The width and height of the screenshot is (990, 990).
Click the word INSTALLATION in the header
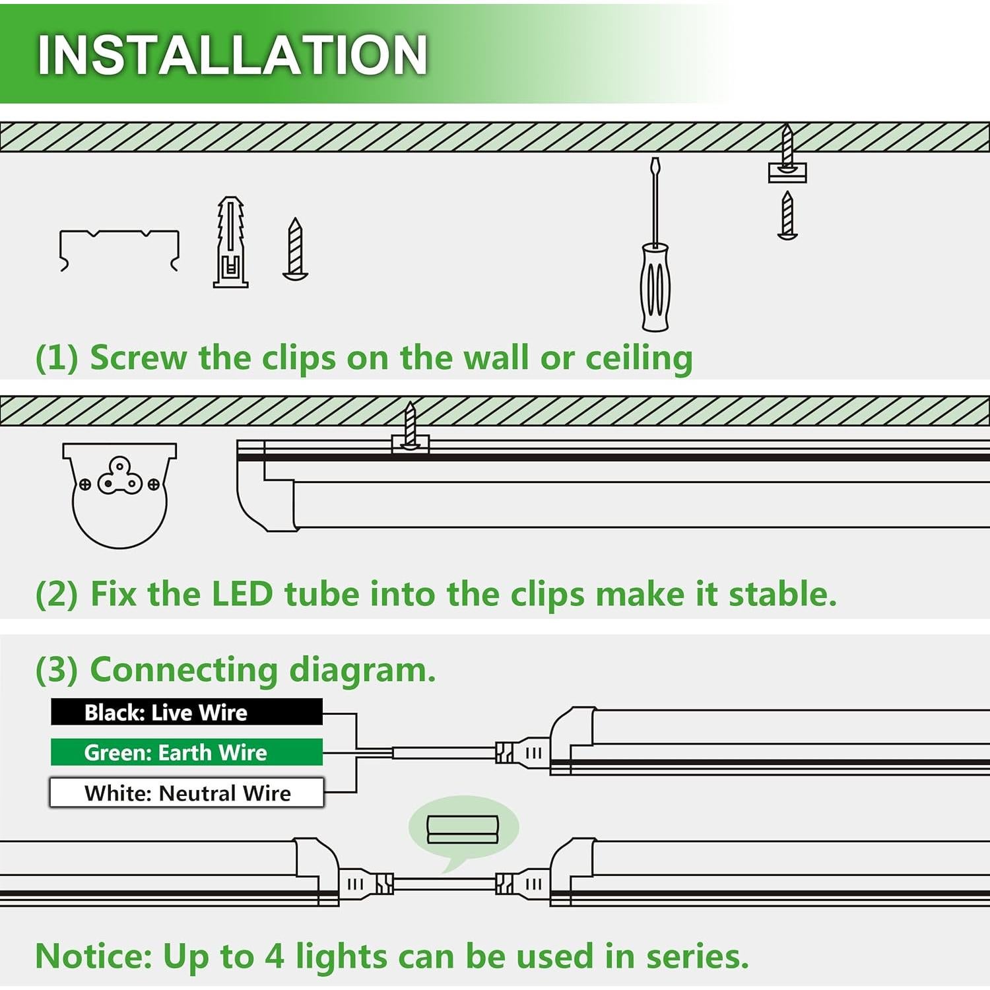(232, 54)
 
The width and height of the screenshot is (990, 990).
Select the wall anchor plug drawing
(231, 242)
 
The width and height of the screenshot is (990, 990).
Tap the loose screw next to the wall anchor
(295, 249)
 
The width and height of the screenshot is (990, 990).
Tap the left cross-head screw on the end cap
(85, 485)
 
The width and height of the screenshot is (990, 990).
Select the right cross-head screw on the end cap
(154, 485)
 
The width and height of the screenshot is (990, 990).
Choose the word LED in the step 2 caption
(242, 594)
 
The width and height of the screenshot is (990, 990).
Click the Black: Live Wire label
(187, 712)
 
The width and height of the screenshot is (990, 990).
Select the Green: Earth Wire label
(187, 752)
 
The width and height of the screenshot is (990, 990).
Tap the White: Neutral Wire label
(187, 793)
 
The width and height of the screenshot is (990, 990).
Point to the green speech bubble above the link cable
(463, 830)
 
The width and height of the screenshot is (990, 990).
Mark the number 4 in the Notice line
(275, 956)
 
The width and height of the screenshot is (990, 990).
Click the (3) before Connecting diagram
(57, 670)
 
